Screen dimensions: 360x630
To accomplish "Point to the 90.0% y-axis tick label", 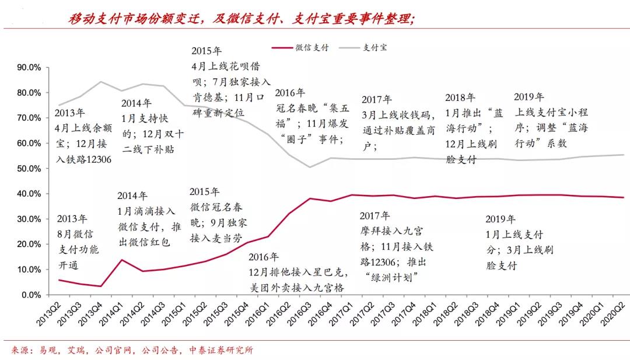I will [29, 68].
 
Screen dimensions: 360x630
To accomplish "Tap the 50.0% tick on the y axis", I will [29, 169].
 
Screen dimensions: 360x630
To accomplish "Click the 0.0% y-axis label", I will [30, 295].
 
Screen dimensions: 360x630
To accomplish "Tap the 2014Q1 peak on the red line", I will [121, 260].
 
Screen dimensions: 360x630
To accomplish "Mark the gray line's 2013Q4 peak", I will [101, 82].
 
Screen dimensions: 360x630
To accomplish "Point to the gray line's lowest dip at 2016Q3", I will [310, 167].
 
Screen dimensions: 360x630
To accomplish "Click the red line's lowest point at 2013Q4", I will [101, 286].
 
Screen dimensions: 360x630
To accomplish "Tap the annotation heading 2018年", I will [460, 97].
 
